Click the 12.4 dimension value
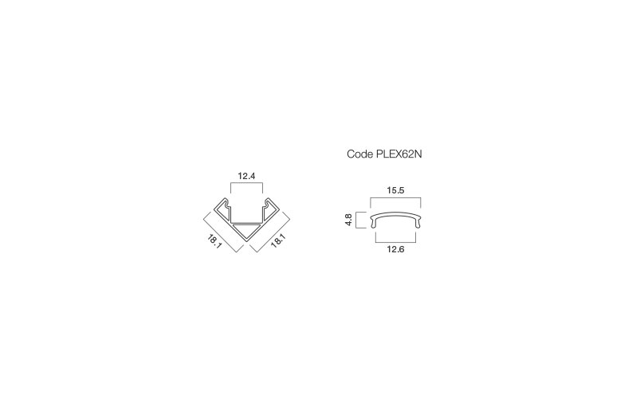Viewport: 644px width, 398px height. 246,176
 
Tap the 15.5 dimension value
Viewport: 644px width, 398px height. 395,190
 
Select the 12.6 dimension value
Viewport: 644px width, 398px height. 395,249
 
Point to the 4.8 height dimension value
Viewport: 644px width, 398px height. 348,220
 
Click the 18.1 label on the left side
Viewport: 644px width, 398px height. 215,241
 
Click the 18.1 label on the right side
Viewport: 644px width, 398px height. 278,240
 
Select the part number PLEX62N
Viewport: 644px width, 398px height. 399,154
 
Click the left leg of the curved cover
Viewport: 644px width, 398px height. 373,223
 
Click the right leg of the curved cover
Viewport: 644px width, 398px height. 418,223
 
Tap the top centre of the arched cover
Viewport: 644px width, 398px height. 395,213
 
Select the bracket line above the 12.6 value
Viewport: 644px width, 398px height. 395,243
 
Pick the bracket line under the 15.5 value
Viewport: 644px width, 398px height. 395,197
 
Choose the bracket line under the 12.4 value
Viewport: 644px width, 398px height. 246,183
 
